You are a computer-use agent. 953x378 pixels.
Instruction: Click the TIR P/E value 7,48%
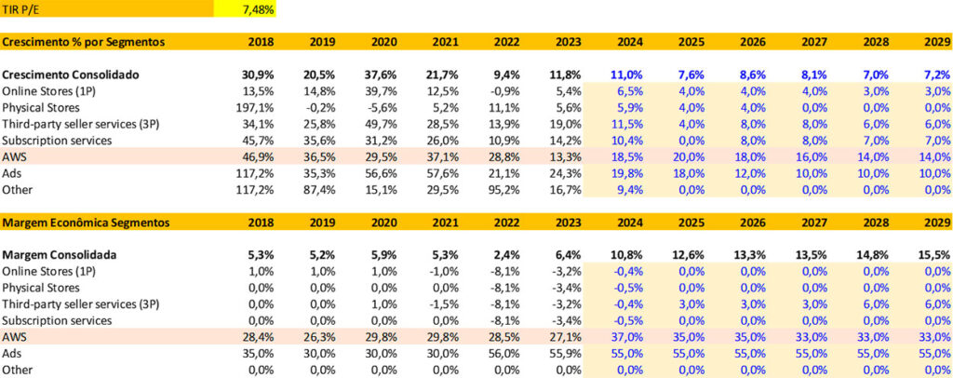258,9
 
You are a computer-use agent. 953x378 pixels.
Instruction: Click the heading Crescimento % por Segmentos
84,42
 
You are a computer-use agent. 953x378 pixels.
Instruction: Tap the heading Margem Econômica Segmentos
86,223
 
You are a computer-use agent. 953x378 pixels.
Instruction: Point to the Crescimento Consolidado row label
69,74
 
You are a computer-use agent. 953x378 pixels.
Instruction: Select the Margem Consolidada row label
63,254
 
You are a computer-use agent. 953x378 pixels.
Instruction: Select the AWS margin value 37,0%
630,337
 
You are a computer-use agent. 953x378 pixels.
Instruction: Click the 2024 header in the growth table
630,42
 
